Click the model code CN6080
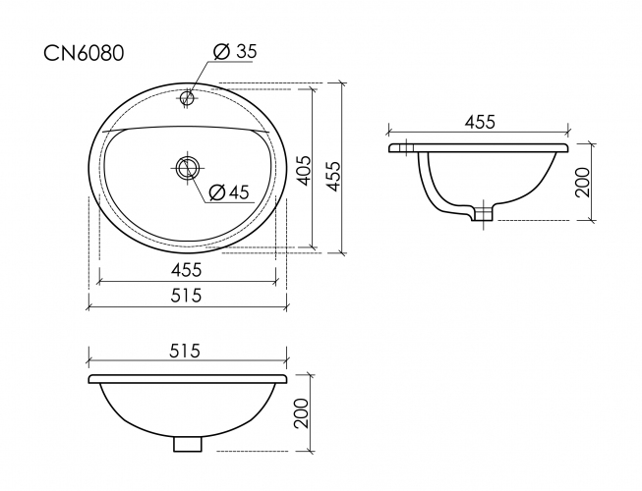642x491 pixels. pyautogui.click(x=83, y=53)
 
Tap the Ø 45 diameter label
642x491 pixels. pyautogui.click(x=228, y=191)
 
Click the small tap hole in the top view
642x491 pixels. pyautogui.click(x=187, y=97)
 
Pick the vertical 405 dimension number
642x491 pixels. pyautogui.click(x=303, y=170)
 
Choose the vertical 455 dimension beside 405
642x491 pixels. pyautogui.click(x=334, y=170)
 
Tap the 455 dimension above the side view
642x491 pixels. pyautogui.click(x=478, y=121)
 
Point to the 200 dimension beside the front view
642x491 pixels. pyautogui.click(x=303, y=412)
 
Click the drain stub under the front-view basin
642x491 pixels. pyautogui.click(x=186, y=443)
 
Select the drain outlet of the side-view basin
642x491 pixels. pyautogui.click(x=481, y=213)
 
